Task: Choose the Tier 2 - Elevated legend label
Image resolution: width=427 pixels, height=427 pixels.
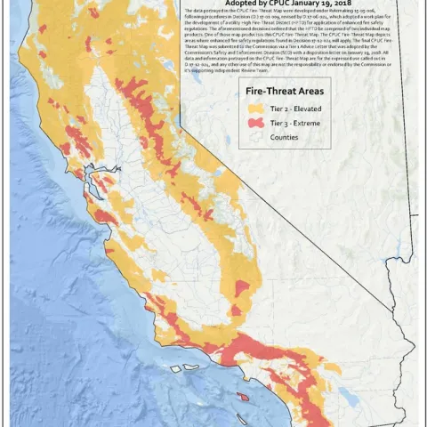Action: [x=294, y=108]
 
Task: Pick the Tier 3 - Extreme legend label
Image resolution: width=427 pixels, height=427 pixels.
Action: [x=293, y=123]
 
